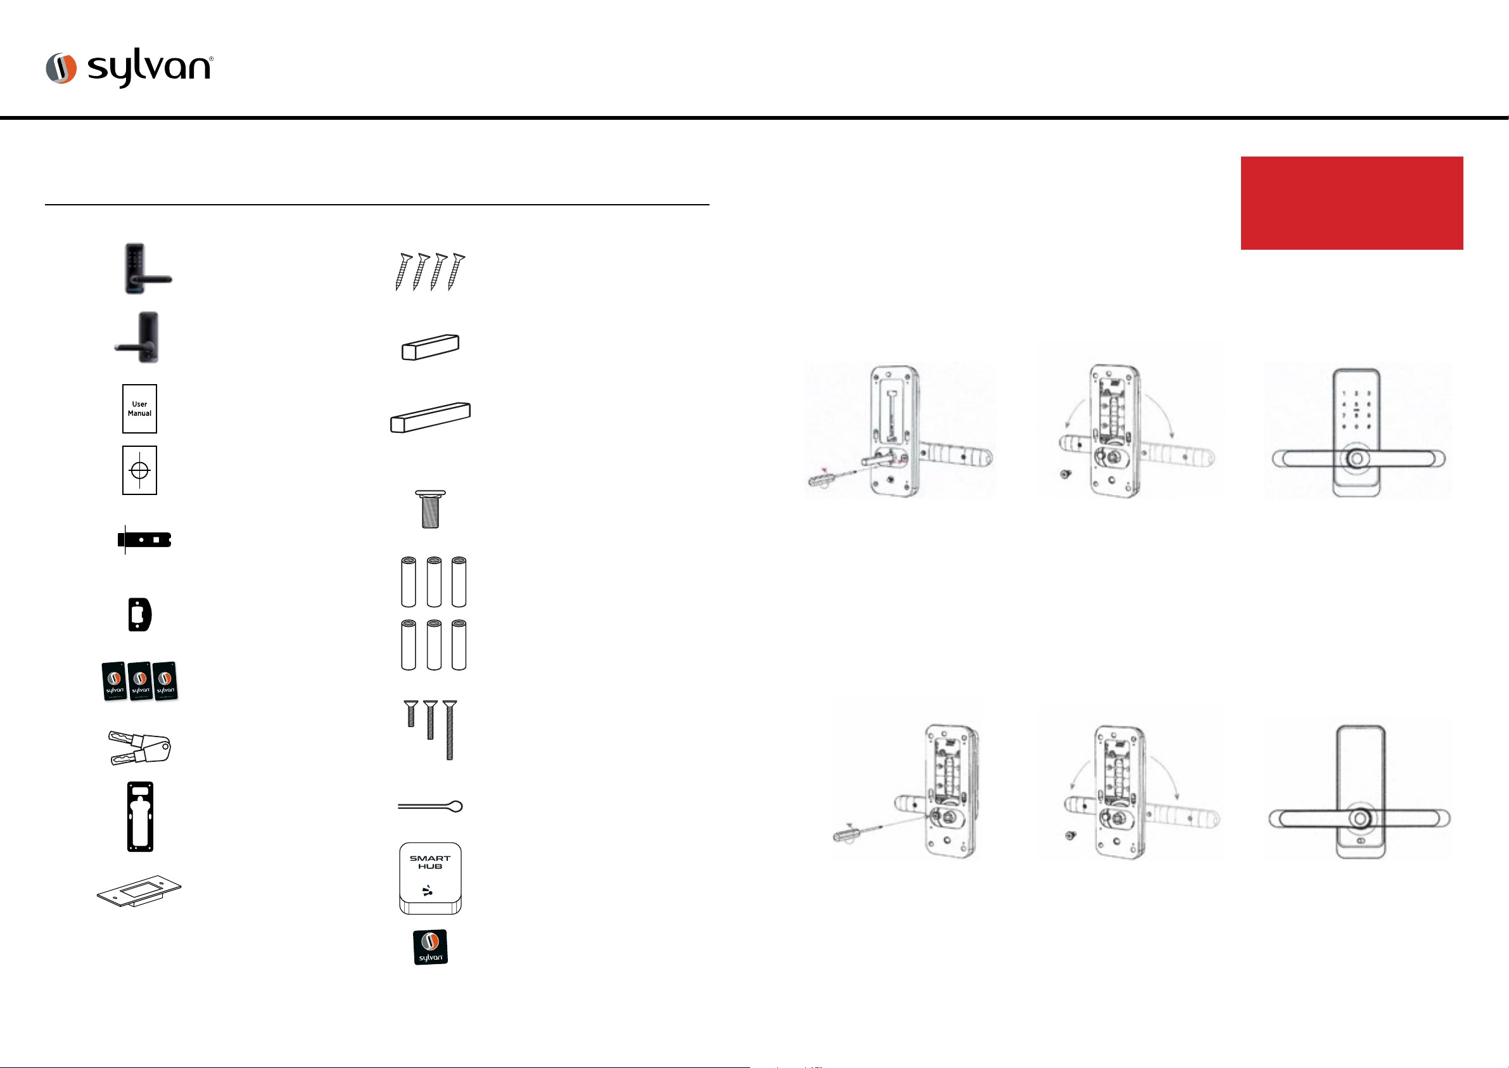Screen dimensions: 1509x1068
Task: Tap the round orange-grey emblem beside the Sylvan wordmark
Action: pos(61,68)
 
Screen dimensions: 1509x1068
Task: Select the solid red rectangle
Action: pos(1351,203)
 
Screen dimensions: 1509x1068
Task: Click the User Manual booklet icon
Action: pos(139,408)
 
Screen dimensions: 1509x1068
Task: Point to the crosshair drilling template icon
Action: pos(139,470)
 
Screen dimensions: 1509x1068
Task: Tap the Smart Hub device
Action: pos(431,878)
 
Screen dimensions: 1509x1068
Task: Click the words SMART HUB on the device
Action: pos(431,862)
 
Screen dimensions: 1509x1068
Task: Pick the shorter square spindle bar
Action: pos(431,347)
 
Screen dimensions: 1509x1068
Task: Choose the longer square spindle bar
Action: pos(431,417)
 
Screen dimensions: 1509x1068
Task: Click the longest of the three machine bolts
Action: pos(450,730)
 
